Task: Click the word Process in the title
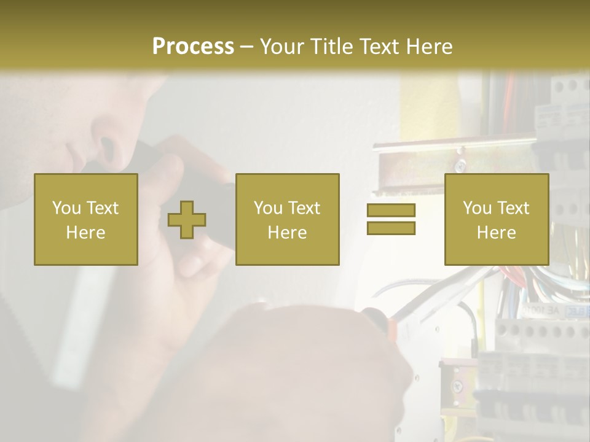click(x=193, y=46)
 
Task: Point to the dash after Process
click(x=246, y=47)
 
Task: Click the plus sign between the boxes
click(x=187, y=220)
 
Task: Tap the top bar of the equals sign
click(x=391, y=210)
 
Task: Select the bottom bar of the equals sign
click(x=391, y=228)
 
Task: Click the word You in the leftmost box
click(x=65, y=208)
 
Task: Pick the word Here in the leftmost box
click(x=85, y=233)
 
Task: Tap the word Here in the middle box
click(x=287, y=233)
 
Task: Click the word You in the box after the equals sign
click(x=476, y=208)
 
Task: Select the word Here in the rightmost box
click(x=496, y=233)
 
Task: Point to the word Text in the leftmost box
click(x=102, y=208)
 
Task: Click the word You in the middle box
click(x=267, y=208)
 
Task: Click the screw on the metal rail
click(x=460, y=165)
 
